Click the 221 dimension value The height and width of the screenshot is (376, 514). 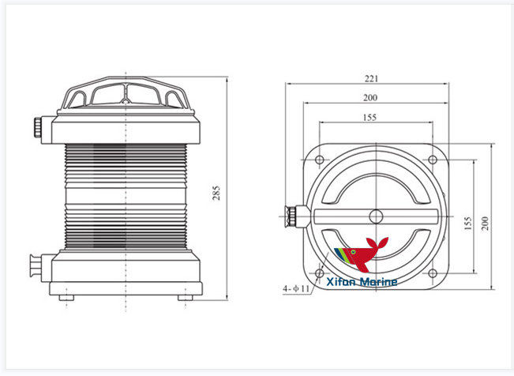pyautogui.click(x=372, y=78)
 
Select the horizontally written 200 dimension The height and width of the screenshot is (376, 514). pyautogui.click(x=370, y=97)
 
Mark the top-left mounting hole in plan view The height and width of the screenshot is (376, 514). pyautogui.click(x=319, y=161)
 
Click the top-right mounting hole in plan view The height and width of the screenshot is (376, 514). pyautogui.click(x=433, y=161)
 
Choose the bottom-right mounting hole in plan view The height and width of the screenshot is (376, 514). pyautogui.click(x=433, y=274)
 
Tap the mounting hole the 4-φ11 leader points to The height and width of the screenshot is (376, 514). pyautogui.click(x=319, y=274)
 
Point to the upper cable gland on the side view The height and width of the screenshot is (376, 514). pyautogui.click(x=39, y=126)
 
